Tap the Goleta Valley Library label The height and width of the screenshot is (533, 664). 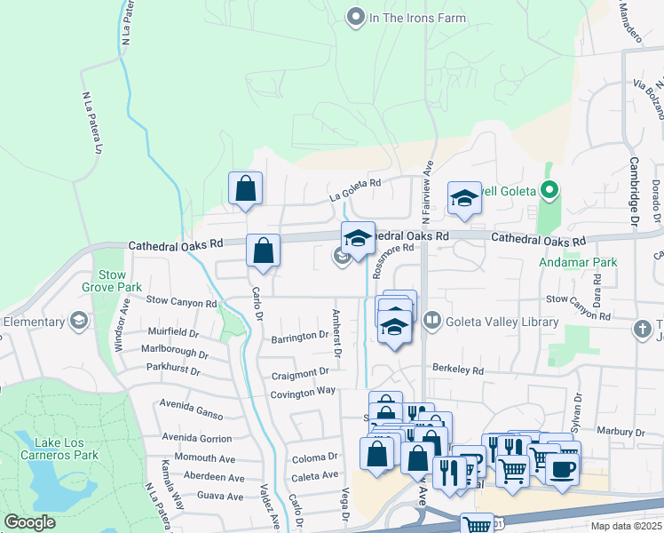point(502,322)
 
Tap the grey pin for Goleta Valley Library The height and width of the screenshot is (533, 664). point(433,319)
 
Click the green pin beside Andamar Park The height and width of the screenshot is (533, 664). point(549,189)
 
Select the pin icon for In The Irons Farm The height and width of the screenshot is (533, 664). point(356,16)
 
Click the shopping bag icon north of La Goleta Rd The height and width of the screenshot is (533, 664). point(245,189)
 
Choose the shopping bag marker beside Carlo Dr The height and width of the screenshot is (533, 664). point(264,251)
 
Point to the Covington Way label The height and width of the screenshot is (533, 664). point(304,391)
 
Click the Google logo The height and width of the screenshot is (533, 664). point(30,522)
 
